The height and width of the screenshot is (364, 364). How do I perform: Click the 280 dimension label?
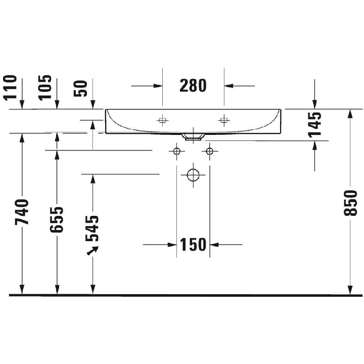pyautogui.click(x=193, y=86)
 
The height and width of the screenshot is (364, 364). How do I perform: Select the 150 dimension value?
pyautogui.click(x=193, y=245)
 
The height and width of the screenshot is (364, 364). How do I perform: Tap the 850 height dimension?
pyautogui.click(x=350, y=203)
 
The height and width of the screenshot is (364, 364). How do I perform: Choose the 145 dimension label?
pyautogui.click(x=315, y=124)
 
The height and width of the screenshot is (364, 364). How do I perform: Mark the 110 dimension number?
pyautogui.click(x=10, y=87)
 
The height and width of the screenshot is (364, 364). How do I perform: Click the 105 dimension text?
pyautogui.click(x=45, y=87)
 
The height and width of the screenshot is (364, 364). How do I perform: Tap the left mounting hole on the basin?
pyautogui.click(x=162, y=120)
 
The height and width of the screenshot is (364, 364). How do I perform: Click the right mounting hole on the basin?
pyautogui.click(x=224, y=120)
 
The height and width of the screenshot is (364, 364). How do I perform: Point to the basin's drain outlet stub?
pyautogui.click(x=193, y=137)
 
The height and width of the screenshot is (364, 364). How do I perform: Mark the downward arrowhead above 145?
pyautogui.click(x=315, y=104)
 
